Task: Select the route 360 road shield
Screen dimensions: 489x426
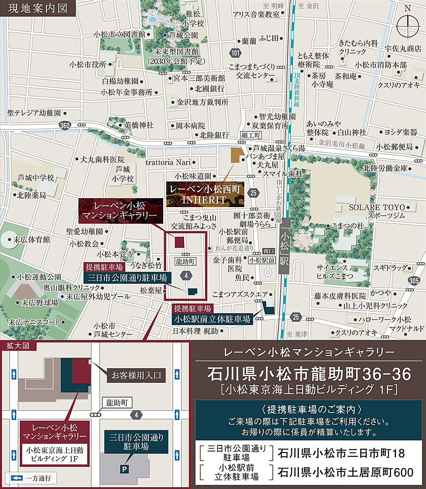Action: (x=65, y=125)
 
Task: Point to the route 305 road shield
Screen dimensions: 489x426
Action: (x=413, y=281)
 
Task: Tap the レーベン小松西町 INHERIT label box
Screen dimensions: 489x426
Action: (x=205, y=194)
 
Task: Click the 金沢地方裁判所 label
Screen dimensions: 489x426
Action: (x=203, y=102)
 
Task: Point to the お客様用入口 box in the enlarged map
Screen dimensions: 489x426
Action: (x=136, y=376)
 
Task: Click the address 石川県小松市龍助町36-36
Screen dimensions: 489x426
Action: (x=309, y=374)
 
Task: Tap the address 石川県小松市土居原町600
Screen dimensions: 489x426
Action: (x=345, y=472)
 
